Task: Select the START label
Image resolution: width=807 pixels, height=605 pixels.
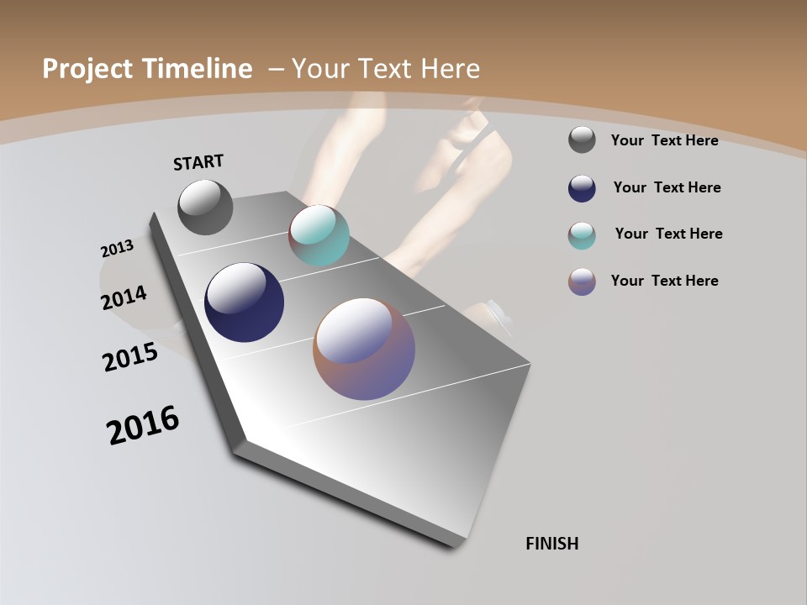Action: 198,162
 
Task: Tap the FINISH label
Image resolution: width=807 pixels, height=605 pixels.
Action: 551,544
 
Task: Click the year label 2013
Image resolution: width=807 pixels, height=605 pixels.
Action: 117,249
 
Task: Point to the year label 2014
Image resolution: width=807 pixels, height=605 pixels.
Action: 124,297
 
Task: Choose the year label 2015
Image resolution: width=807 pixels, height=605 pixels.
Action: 130,357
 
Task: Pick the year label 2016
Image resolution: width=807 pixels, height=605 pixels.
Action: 143,425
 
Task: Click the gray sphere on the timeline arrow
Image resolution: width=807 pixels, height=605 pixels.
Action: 205,207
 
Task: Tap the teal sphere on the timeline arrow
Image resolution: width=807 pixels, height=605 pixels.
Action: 319,235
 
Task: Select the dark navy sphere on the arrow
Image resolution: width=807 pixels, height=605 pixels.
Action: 244,302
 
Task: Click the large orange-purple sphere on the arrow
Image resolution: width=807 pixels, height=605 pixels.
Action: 364,349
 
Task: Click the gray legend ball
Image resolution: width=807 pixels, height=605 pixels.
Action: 582,140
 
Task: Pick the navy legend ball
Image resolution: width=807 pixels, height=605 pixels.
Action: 582,188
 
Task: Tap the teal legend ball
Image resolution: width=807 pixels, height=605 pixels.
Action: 582,235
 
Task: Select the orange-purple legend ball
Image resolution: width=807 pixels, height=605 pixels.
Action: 582,281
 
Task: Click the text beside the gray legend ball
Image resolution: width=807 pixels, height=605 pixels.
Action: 664,140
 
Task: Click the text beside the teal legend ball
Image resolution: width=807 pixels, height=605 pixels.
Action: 668,234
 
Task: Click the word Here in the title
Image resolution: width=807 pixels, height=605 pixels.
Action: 450,69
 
